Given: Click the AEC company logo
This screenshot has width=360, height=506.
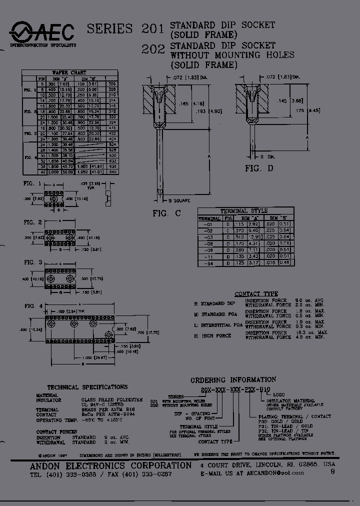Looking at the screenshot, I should click(42, 32).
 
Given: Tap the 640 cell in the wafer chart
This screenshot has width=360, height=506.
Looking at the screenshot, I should click(112, 171).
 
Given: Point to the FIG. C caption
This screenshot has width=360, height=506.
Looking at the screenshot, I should click(166, 213).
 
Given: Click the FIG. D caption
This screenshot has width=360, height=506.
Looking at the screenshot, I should click(259, 168).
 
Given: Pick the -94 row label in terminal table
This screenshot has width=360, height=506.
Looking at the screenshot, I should click(209, 263).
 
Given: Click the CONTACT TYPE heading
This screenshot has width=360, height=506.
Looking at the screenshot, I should click(256, 294).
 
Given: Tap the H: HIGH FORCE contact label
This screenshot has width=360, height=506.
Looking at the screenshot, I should click(212, 335).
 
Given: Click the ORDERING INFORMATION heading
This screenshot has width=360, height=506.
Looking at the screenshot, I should click(233, 380).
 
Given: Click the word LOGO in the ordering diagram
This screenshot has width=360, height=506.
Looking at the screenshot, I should click(293, 394).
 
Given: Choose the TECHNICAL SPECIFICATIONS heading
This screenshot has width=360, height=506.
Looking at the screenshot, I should click(87, 387).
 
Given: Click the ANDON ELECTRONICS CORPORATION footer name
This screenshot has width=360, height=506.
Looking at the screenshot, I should click(107, 465).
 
